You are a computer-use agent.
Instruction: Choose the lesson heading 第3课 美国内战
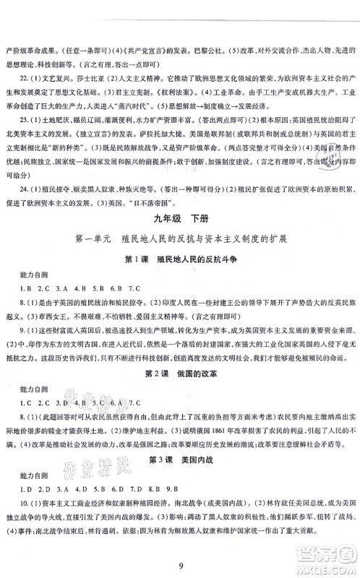click(x=181, y=478)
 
